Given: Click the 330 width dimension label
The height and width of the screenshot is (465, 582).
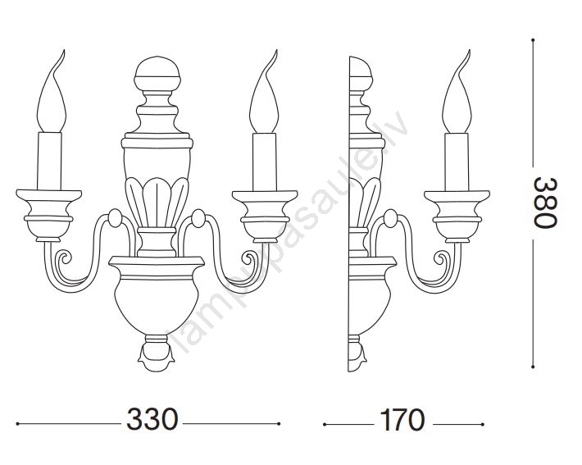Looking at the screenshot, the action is tap(152, 419).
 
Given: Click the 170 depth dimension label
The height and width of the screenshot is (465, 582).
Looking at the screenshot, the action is tap(402, 420).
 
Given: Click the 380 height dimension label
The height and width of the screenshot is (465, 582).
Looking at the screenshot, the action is tap(545, 203).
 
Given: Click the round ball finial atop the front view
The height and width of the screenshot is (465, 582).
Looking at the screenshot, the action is tap(157, 74).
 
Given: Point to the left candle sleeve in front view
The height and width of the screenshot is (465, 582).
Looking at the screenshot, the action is tap(49, 161).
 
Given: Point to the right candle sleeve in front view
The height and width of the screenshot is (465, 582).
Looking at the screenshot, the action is tap(265, 162).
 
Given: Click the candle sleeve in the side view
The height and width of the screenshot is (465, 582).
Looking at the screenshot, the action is tap(457, 162).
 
